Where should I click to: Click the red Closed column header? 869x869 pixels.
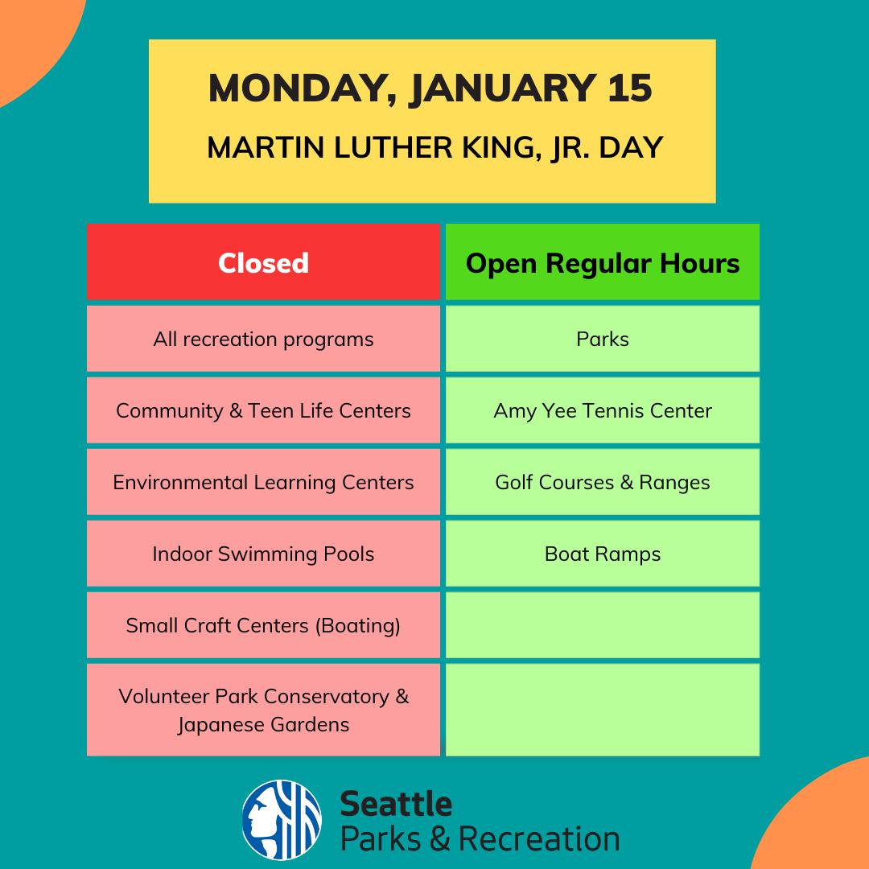pyautogui.click(x=263, y=262)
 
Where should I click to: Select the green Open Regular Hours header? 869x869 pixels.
pyautogui.click(x=603, y=262)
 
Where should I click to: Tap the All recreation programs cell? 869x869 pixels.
pyautogui.click(x=263, y=339)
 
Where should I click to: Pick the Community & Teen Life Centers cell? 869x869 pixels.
pyautogui.click(x=263, y=410)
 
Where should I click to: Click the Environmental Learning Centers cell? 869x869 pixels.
pyautogui.click(x=263, y=482)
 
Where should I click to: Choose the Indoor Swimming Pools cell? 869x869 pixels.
pyautogui.click(x=263, y=553)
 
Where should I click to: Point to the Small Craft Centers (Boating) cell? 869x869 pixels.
pyautogui.click(x=263, y=624)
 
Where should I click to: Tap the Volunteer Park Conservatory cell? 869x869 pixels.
pyautogui.click(x=263, y=710)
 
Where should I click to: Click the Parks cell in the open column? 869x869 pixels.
pyautogui.click(x=603, y=339)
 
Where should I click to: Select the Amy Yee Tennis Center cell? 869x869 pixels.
pyautogui.click(x=603, y=410)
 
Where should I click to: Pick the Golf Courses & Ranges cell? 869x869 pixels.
pyautogui.click(x=603, y=482)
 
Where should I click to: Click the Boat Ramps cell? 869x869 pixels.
pyautogui.click(x=603, y=553)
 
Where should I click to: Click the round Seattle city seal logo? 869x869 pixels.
pyautogui.click(x=282, y=820)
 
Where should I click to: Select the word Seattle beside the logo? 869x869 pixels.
pyautogui.click(x=396, y=804)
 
